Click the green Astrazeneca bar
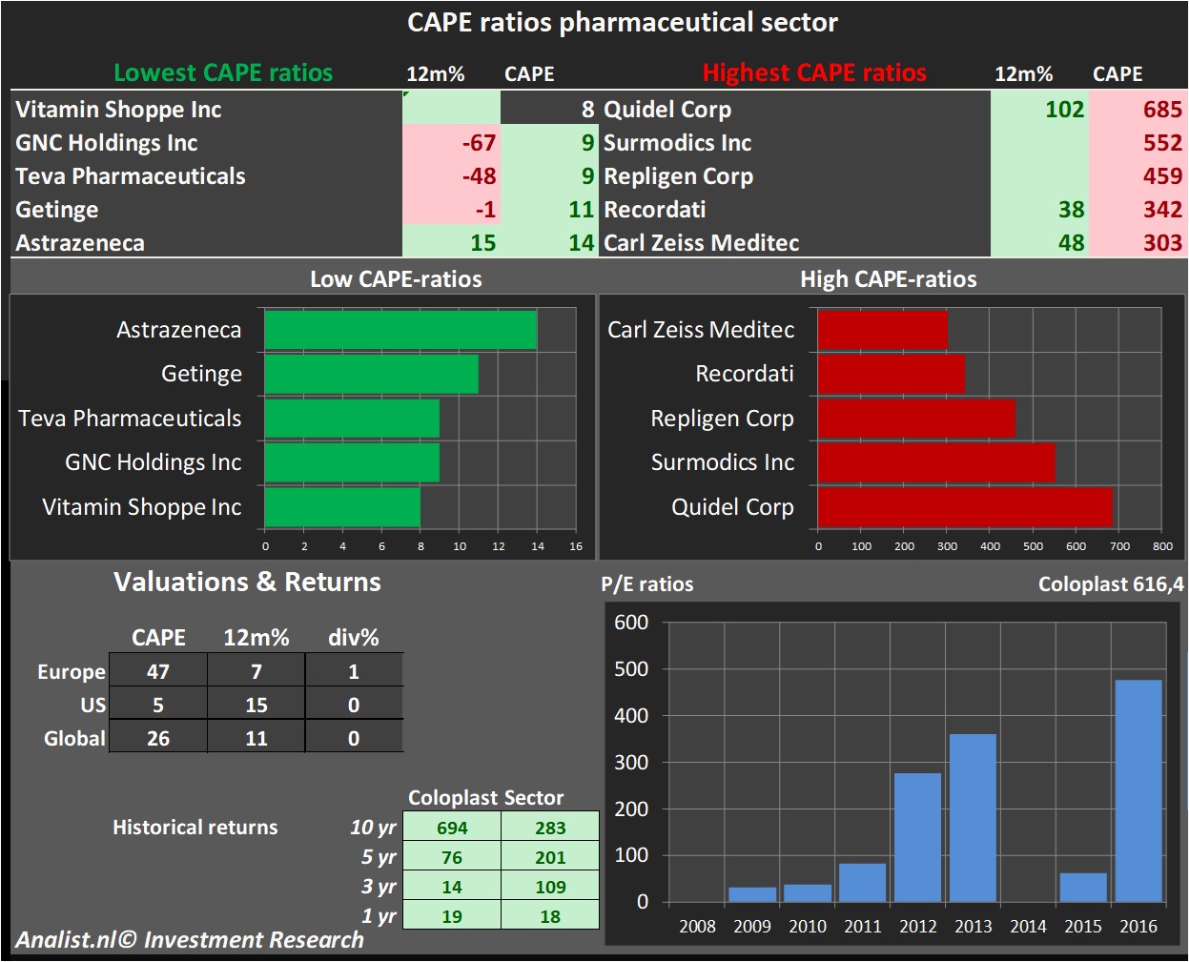(400, 330)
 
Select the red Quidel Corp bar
(965, 507)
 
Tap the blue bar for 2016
(1138, 790)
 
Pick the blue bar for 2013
(973, 817)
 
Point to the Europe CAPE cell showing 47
(158, 671)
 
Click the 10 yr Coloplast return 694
(452, 828)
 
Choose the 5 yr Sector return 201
(550, 857)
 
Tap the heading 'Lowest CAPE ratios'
(223, 73)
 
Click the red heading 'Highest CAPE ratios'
(814, 73)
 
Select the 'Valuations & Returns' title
(247, 582)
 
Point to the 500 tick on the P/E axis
(631, 669)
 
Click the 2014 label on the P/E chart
(1028, 926)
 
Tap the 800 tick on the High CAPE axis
(1162, 546)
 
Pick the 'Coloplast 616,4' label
(1111, 584)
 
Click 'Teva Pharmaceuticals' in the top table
(131, 176)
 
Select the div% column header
(353, 637)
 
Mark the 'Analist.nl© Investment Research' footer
(190, 940)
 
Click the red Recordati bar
(892, 374)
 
